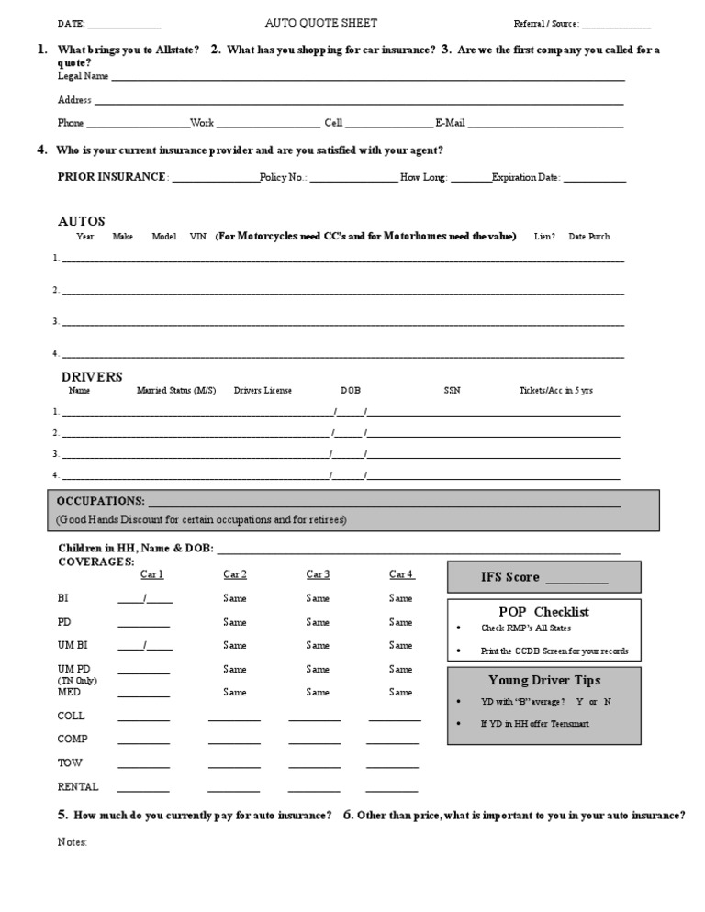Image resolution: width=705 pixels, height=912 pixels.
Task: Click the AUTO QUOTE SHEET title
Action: click(320, 23)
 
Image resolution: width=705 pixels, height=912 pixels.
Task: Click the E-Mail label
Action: click(450, 123)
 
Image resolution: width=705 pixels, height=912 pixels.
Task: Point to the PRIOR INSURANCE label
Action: click(112, 177)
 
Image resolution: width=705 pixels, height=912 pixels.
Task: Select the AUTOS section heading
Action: click(82, 221)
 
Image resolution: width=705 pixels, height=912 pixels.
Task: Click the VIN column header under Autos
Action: click(197, 237)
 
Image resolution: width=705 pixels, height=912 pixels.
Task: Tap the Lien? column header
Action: click(544, 237)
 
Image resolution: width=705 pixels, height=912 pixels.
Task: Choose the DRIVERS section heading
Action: click(92, 376)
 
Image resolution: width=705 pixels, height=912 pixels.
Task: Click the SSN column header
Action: click(452, 391)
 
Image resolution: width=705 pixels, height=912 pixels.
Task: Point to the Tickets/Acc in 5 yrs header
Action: click(555, 391)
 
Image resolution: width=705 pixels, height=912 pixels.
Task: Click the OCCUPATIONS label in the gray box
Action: click(100, 501)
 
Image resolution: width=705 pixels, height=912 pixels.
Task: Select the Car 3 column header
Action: click(318, 574)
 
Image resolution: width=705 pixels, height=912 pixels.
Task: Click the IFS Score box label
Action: click(510, 577)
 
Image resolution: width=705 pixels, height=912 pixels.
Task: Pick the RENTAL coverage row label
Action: click(78, 787)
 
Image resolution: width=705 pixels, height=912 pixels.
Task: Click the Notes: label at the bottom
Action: click(73, 841)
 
